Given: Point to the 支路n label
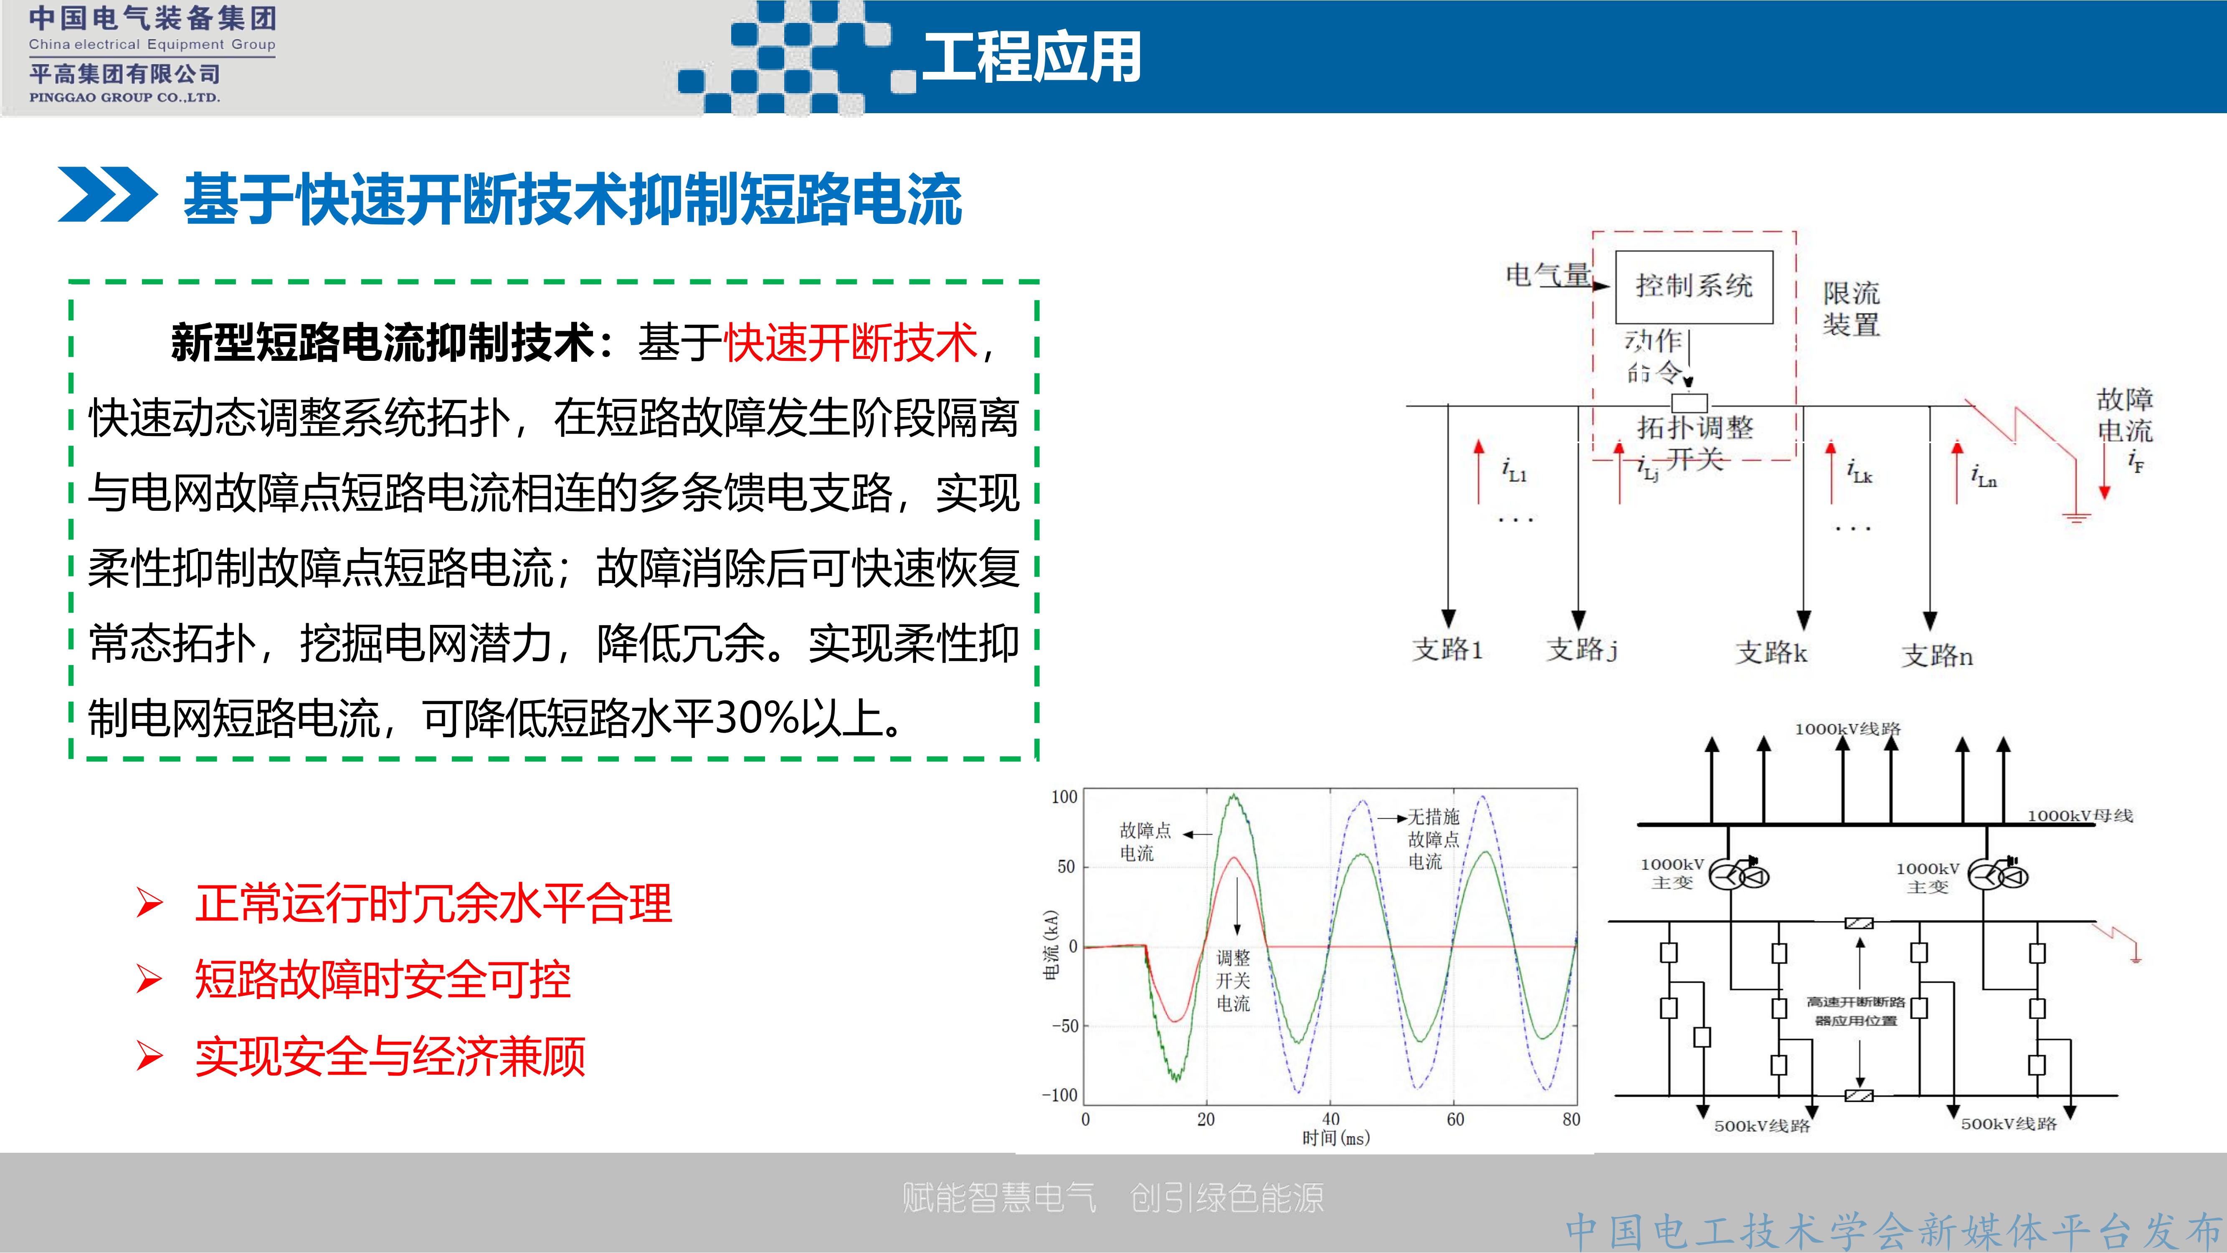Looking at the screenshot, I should (1936, 655).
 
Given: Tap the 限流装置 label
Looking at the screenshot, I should (1851, 309).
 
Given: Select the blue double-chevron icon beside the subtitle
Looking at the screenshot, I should (107, 195).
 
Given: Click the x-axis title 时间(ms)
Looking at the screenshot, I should (1336, 1138).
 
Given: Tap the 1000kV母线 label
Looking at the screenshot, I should (2080, 815).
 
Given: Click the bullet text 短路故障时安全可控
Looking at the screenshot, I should (382, 980).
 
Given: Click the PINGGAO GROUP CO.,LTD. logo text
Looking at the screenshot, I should (124, 98).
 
